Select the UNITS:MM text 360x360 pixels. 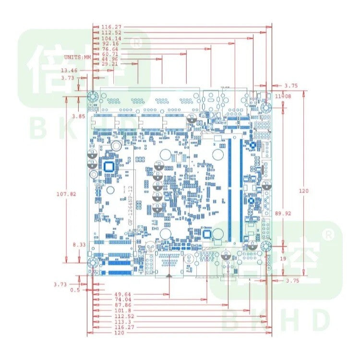tap(77, 57)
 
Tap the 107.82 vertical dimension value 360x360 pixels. tap(66, 194)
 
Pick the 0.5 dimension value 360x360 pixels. tap(74, 290)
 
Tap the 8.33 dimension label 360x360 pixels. tap(79, 245)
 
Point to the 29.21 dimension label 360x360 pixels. tap(109, 64)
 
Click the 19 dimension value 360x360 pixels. tap(283, 258)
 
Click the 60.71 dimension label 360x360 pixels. tap(109, 54)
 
